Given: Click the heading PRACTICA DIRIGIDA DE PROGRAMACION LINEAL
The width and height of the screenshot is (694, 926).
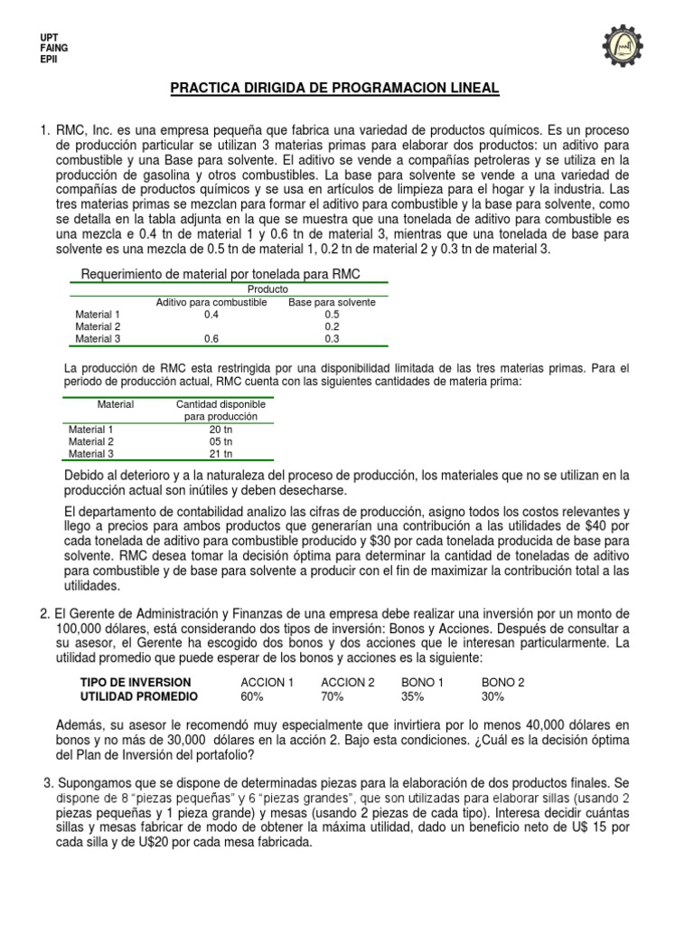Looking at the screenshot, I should pyautogui.click(x=334, y=88).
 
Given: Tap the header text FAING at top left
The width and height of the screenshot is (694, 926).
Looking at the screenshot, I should pyautogui.click(x=54, y=47).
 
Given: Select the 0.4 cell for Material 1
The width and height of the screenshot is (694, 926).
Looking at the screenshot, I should pyautogui.click(x=211, y=315).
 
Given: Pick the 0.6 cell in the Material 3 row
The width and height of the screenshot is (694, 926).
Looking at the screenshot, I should pyautogui.click(x=211, y=339).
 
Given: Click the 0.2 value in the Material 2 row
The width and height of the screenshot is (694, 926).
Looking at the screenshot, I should pyautogui.click(x=332, y=326).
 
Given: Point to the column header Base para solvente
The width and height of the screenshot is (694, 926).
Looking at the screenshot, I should pyautogui.click(x=332, y=302).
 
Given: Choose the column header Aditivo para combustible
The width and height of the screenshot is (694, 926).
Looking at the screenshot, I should pyautogui.click(x=211, y=302).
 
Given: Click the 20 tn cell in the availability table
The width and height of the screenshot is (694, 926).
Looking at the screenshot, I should pyautogui.click(x=221, y=430).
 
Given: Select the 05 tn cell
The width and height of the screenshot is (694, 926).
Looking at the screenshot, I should pyautogui.click(x=221, y=441).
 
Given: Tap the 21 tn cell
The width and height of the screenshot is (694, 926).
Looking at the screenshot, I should pyautogui.click(x=221, y=454).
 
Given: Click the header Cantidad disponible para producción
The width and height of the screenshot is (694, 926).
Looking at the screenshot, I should pyautogui.click(x=221, y=411).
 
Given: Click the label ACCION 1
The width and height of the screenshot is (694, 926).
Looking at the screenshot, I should pyautogui.click(x=267, y=682).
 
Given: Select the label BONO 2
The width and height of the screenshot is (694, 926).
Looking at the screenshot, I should pyautogui.click(x=502, y=682).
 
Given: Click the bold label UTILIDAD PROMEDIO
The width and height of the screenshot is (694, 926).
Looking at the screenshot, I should pyautogui.click(x=139, y=697).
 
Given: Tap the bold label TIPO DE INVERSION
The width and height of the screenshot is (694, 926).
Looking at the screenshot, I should pyautogui.click(x=136, y=682).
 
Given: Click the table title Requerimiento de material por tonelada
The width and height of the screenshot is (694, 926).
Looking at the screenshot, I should pyautogui.click(x=221, y=275).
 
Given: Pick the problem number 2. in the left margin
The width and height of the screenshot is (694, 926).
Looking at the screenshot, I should pyautogui.click(x=45, y=614).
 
